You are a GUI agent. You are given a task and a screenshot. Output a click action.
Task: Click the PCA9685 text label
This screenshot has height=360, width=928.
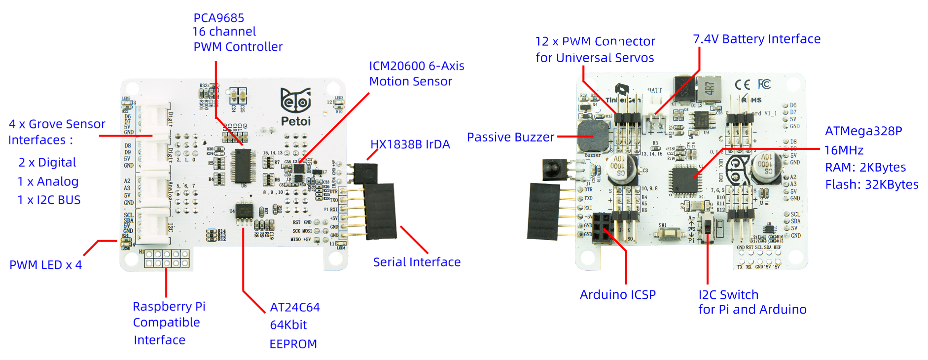218,18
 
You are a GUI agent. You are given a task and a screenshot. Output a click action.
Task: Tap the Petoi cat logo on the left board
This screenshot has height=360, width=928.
295,101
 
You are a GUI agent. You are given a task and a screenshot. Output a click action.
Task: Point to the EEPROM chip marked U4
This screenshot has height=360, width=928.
244,211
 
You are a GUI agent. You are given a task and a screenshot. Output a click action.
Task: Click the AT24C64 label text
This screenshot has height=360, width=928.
295,308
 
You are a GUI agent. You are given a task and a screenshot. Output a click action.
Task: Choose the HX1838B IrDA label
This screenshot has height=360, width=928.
410,144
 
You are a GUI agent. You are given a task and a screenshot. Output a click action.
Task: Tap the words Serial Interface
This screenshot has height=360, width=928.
417,262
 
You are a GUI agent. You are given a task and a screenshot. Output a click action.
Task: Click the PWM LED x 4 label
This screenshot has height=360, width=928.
45,265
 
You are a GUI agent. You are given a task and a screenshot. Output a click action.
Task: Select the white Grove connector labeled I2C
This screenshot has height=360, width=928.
154,226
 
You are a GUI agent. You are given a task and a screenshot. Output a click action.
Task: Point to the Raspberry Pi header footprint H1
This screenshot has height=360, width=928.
167,258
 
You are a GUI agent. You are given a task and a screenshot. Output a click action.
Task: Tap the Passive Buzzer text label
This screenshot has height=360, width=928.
510,137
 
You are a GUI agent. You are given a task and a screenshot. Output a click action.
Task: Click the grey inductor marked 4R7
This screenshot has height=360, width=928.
709,89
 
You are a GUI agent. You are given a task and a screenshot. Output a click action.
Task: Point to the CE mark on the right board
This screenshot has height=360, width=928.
743,84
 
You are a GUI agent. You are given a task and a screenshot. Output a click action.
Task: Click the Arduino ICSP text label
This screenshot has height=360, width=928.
617,295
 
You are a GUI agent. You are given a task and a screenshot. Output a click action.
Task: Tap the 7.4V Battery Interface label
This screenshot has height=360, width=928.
756,39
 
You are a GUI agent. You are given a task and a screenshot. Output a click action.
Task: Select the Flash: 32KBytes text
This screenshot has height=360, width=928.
871,184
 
